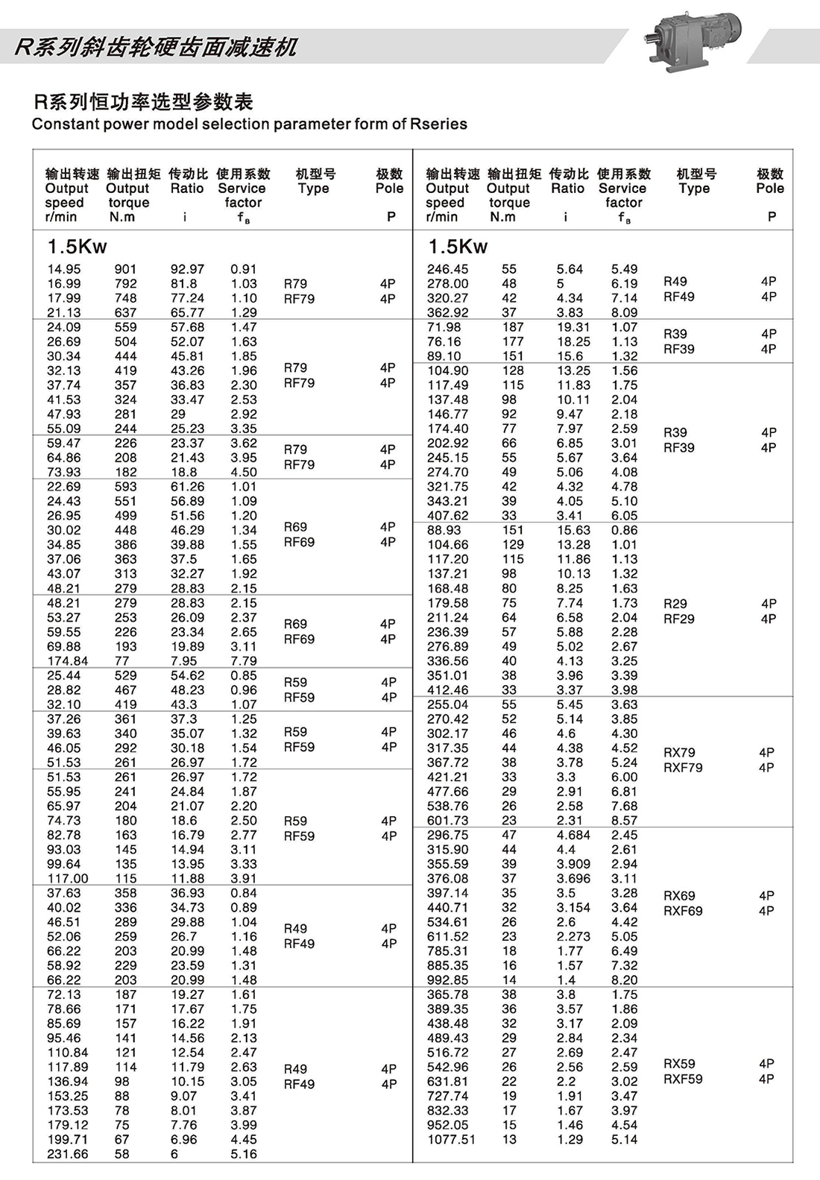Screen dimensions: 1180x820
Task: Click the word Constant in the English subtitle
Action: click(63, 124)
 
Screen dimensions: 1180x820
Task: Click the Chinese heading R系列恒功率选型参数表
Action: click(143, 101)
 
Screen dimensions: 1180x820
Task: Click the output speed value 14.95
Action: click(64, 269)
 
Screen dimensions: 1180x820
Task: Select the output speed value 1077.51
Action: click(451, 1139)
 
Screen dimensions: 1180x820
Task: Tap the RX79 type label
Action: click(679, 752)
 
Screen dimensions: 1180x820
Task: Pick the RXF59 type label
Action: click(683, 1079)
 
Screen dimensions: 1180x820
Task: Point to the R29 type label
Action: click(675, 603)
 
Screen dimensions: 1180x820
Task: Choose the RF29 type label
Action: click(679, 619)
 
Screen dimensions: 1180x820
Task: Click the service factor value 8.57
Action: click(625, 820)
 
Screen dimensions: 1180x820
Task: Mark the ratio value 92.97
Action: click(187, 269)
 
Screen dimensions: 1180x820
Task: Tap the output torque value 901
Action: click(125, 269)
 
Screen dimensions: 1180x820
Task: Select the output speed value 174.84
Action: click(67, 661)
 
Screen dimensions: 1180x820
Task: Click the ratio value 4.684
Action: click(573, 835)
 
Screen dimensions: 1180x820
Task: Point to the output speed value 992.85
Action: click(448, 980)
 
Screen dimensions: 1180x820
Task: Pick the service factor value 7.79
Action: click(244, 661)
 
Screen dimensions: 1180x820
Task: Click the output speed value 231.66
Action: click(67, 1154)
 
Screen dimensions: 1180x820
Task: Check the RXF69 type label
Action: click(683, 911)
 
